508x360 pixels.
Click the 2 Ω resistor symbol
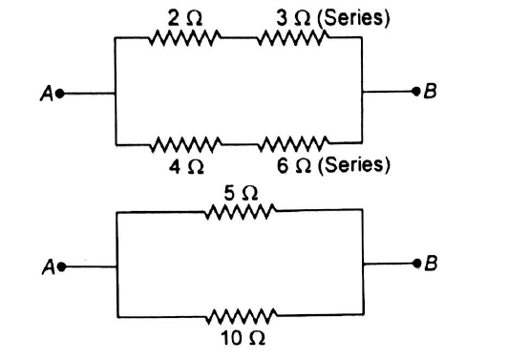pos(185,38)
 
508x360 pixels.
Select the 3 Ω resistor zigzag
pos(293,38)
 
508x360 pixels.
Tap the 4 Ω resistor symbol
pos(185,146)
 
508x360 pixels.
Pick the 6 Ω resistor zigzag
pos(293,146)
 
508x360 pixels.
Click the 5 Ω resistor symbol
pos(239,212)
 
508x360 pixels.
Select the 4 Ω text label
pos(186,166)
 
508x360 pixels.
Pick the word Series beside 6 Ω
pos(361,166)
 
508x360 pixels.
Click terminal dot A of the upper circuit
pos(61,94)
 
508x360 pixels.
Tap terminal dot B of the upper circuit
pos(414,93)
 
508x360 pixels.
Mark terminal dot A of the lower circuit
pos(61,267)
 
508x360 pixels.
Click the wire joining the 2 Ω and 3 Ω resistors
pos(239,38)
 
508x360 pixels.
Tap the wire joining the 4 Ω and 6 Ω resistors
pos(239,146)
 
